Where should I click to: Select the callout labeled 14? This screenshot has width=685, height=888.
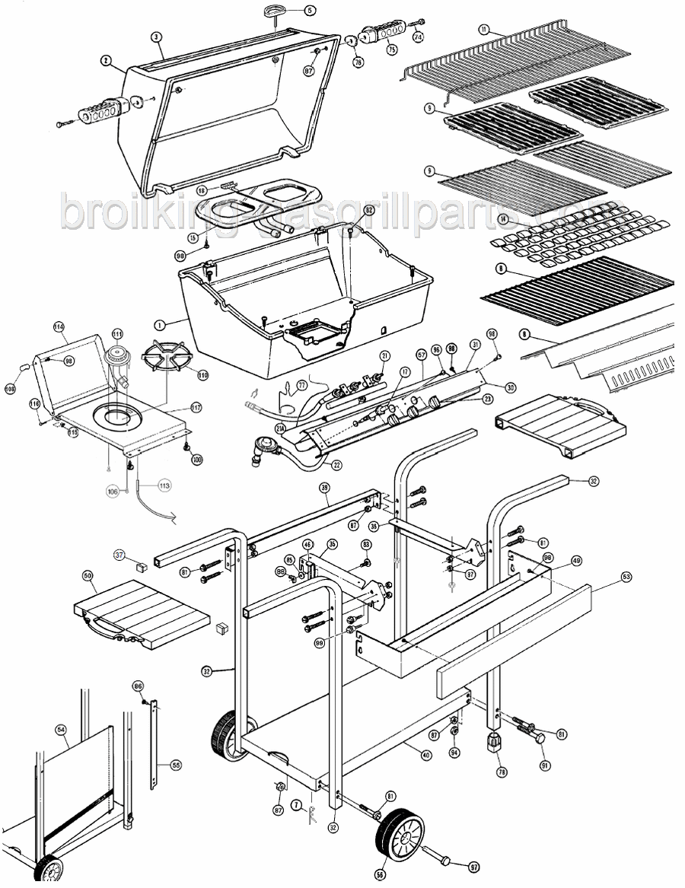point(503,220)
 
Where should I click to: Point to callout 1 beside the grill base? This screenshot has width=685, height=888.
point(160,323)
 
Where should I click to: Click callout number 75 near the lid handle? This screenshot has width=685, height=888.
point(392,49)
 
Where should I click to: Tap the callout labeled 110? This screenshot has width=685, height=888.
point(202,374)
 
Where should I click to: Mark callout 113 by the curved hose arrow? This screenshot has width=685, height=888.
point(164,485)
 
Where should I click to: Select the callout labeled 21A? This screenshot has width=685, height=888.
point(281,429)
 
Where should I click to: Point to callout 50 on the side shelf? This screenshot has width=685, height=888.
point(88,575)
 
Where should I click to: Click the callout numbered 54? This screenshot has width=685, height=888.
point(61,729)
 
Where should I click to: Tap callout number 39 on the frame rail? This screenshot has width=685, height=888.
point(323,488)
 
